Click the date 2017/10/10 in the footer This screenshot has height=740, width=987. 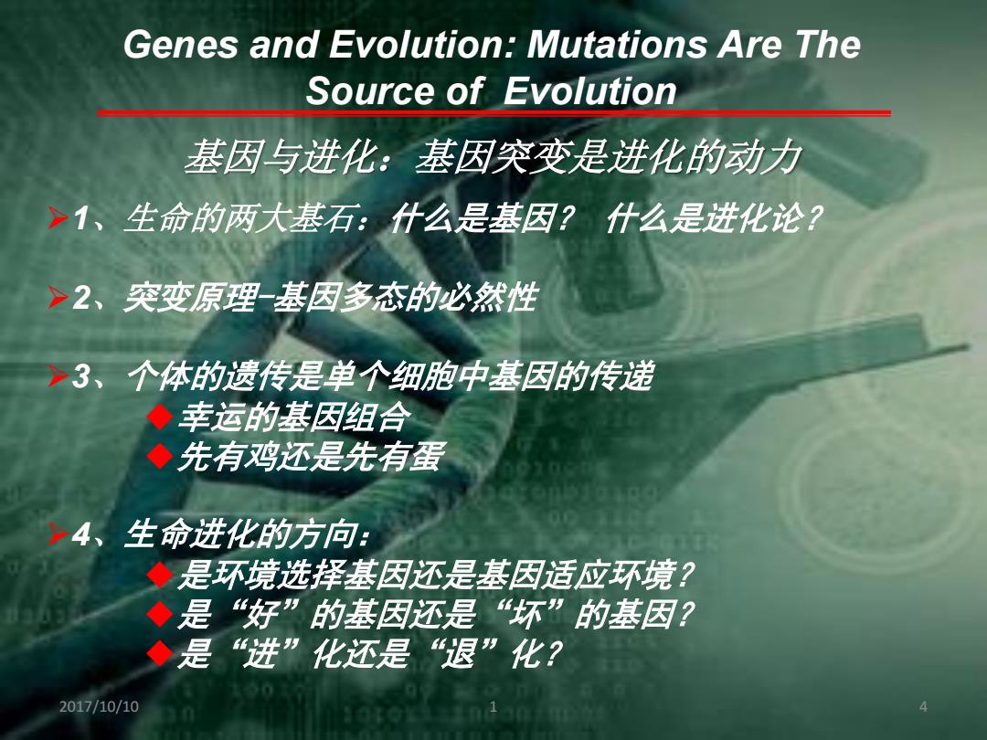99,706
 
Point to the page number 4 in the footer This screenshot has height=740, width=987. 923,706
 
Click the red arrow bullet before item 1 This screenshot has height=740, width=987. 58,218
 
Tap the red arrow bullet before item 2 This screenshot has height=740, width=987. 58,297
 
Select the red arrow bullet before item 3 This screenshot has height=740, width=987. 58,375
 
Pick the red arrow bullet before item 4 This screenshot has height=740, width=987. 58,534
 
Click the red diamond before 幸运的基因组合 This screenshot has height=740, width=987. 160,417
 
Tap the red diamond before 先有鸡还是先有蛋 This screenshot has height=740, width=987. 160,456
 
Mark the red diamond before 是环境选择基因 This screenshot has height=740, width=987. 160,574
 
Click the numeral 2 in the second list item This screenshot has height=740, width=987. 82,297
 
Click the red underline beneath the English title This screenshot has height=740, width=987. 494,113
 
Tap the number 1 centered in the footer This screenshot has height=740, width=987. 493,706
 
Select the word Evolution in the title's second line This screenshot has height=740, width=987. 590,90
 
